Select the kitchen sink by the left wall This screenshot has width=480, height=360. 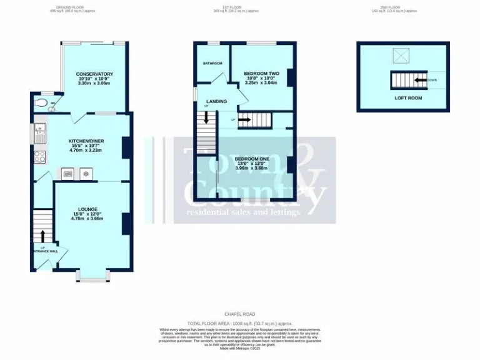(x=39, y=130)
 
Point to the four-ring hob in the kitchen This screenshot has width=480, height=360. (x=39, y=156)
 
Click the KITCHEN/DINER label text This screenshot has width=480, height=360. (x=85, y=141)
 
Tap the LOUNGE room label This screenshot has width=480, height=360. (x=87, y=209)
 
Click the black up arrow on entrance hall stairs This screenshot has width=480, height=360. (x=43, y=236)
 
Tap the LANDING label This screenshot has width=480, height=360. (x=216, y=101)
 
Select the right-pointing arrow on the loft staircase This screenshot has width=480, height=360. (x=244, y=119)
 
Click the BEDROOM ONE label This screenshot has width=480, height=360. (x=251, y=159)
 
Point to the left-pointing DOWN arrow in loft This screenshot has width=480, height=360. (x=421, y=80)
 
